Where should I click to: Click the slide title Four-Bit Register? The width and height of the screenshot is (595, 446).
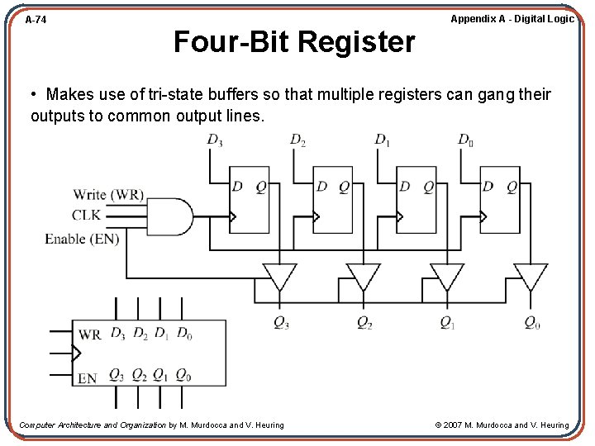293,41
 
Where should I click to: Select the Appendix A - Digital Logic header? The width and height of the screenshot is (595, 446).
512,19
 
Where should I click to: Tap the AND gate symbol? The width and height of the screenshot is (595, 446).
169,216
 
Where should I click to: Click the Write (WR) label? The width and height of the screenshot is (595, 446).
108,195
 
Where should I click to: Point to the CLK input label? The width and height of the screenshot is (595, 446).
86,216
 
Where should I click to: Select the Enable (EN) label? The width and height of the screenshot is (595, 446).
82,239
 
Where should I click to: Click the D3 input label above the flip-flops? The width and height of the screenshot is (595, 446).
215,140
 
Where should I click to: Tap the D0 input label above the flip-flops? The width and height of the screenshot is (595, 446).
465,140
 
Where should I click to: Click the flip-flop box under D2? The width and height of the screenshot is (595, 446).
332,199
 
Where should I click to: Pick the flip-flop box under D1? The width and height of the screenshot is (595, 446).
416,199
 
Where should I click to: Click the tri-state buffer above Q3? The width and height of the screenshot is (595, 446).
279,276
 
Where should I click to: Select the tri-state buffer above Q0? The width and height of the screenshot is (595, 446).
531,276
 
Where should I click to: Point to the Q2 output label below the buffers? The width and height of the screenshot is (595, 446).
364,323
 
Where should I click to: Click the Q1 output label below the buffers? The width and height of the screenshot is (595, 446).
447,323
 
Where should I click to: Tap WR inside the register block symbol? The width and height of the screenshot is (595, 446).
90,335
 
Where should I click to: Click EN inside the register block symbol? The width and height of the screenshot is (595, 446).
88,378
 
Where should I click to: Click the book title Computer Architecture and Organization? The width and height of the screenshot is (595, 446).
92,425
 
